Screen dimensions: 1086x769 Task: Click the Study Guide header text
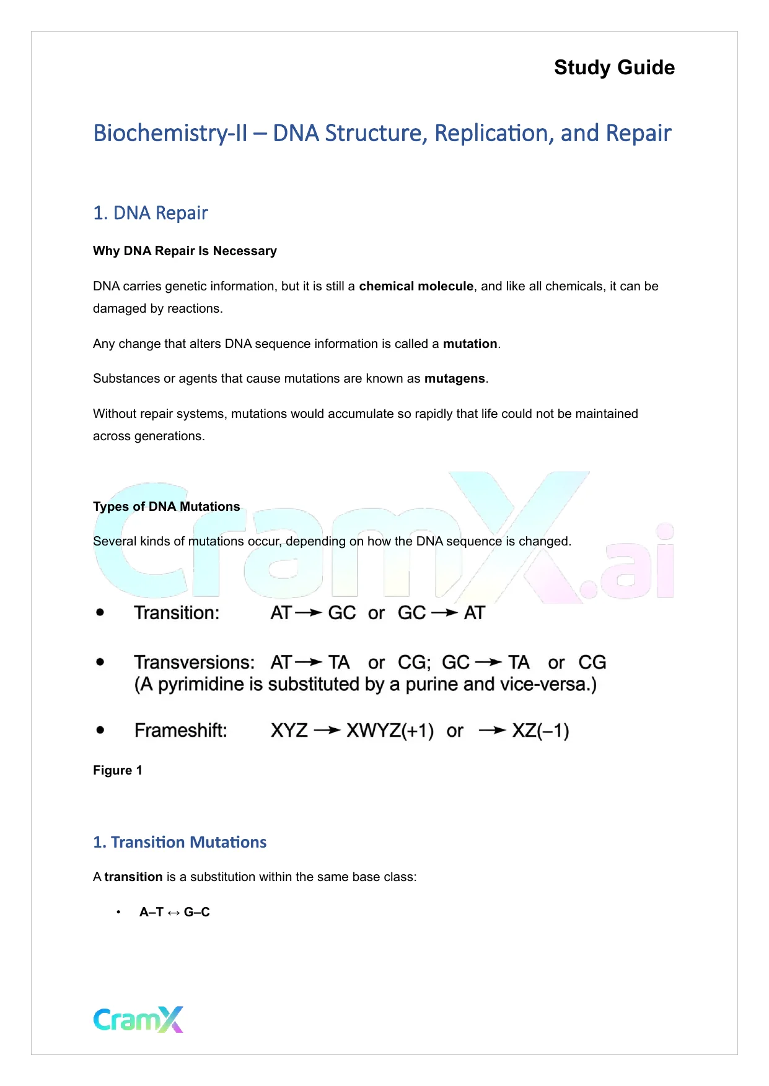click(x=614, y=67)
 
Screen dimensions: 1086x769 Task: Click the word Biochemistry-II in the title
click(x=170, y=134)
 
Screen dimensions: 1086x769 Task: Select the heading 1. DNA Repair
click(x=151, y=213)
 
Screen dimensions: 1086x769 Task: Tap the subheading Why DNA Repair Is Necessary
click(x=185, y=251)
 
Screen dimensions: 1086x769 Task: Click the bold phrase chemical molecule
click(x=416, y=286)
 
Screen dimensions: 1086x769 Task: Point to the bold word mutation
click(x=470, y=344)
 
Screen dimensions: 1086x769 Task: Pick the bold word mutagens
click(x=454, y=378)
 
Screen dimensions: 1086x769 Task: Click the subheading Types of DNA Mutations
click(x=166, y=506)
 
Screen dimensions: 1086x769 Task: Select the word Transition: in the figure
click(x=177, y=613)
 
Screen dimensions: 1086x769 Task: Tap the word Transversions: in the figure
click(x=194, y=662)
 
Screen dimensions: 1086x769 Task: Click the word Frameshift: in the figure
click(x=180, y=731)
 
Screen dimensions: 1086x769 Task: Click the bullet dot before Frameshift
click(x=100, y=730)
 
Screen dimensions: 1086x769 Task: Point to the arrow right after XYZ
click(x=327, y=731)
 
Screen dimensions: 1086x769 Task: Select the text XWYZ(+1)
click(x=390, y=731)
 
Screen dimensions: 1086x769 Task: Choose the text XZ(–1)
click(x=540, y=731)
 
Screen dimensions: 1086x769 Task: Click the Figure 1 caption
click(x=118, y=770)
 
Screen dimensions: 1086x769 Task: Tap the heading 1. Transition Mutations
click(x=180, y=842)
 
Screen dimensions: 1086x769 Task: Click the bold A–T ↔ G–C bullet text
click(x=175, y=912)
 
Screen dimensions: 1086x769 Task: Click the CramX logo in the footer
click(x=138, y=1019)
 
